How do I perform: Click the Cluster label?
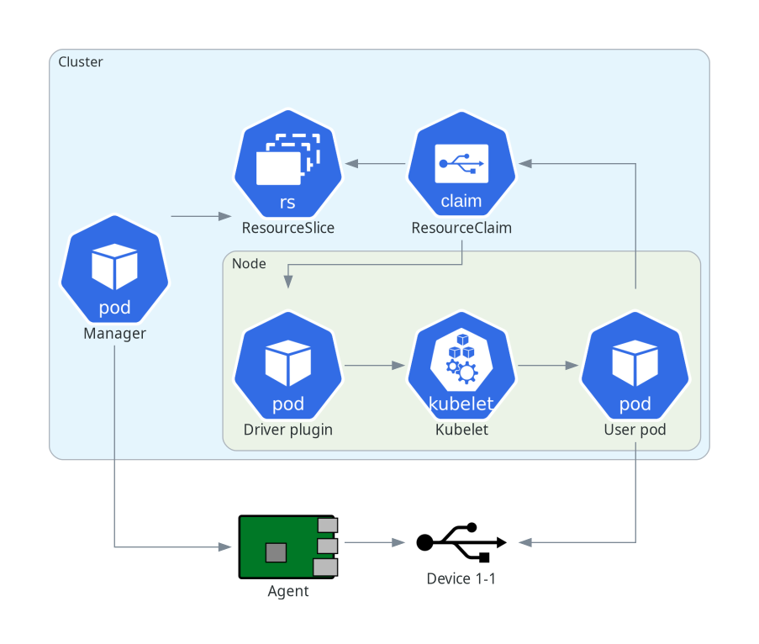click(x=81, y=62)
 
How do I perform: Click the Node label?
click(x=249, y=264)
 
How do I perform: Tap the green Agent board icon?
click(x=287, y=546)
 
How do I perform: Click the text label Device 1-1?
click(x=461, y=578)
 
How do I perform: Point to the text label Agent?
click(x=287, y=591)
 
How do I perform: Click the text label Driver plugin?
click(x=287, y=430)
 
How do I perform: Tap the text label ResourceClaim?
click(x=461, y=228)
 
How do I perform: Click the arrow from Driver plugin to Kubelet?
click(x=374, y=366)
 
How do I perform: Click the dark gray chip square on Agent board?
click(x=275, y=552)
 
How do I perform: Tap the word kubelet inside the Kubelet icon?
click(x=461, y=404)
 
